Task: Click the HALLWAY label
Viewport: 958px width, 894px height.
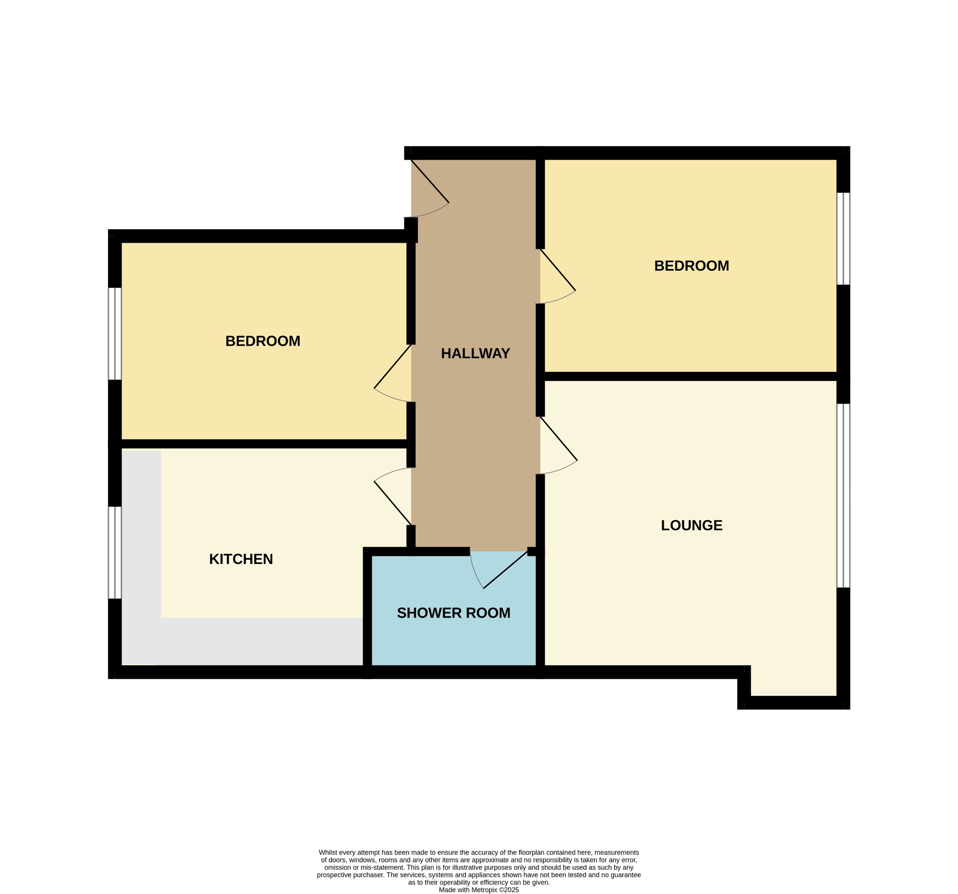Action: pyautogui.click(x=475, y=353)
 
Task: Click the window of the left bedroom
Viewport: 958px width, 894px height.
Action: pyautogui.click(x=115, y=333)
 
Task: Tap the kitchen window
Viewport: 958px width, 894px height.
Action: pyautogui.click(x=115, y=552)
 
